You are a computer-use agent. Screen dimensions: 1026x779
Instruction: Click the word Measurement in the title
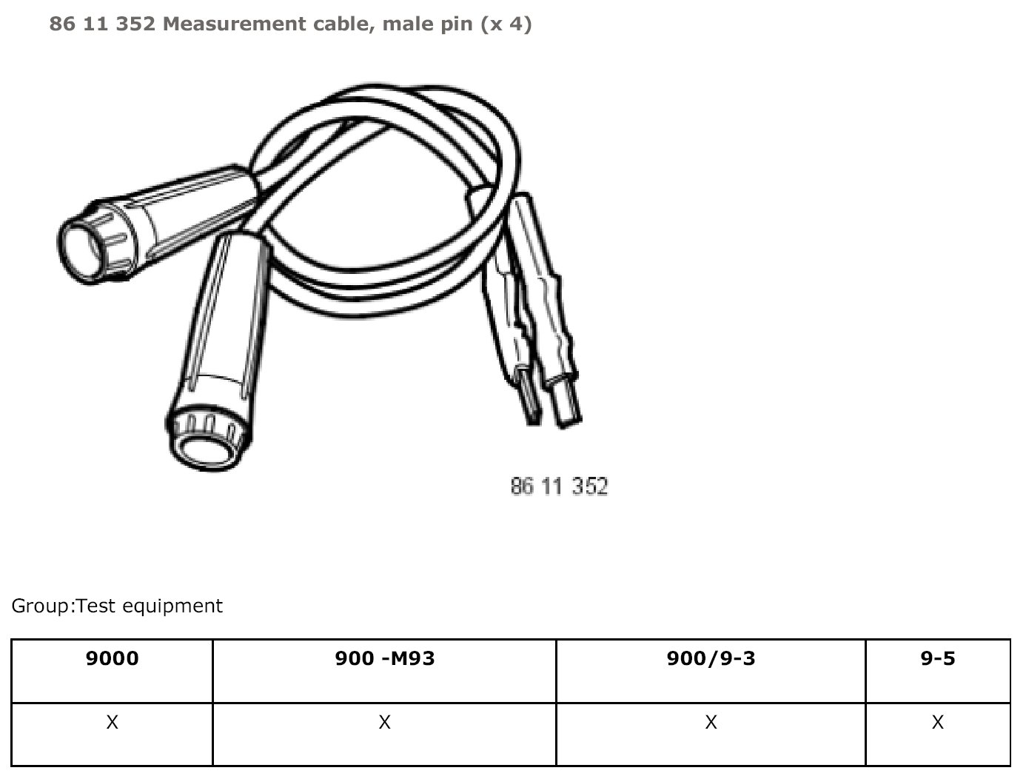(234, 24)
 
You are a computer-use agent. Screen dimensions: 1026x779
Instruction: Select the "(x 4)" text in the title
(506, 24)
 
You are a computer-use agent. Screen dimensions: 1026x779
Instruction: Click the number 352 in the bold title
(135, 24)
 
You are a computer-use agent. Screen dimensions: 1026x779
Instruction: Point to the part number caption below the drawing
(559, 487)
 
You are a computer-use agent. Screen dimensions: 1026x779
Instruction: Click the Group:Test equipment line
(117, 606)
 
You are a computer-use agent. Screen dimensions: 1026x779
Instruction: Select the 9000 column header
(113, 658)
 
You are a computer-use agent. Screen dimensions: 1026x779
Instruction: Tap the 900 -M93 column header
(385, 658)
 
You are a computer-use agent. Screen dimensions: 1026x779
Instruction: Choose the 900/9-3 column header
(711, 658)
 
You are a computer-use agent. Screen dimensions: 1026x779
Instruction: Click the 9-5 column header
(938, 658)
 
